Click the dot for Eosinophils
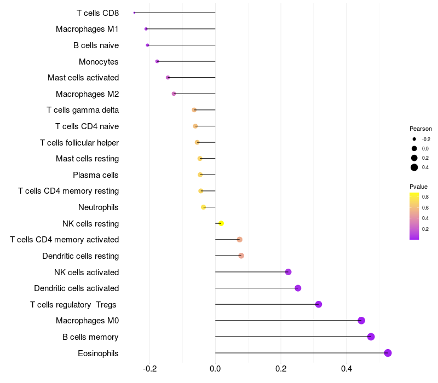point(388,353)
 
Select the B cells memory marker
point(371,336)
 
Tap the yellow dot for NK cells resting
point(221,223)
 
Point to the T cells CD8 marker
point(134,13)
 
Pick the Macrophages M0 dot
point(361,321)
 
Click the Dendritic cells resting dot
point(241,256)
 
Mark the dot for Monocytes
point(157,61)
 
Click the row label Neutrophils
point(99,207)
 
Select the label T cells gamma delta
point(83,110)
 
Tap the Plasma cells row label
point(96,175)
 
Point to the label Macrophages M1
point(87,29)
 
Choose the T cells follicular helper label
point(79,143)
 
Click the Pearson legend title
point(420,129)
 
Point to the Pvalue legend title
point(418,187)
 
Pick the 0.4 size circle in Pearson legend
point(414,167)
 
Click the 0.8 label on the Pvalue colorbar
point(425,196)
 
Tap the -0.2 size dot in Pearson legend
point(414,139)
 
